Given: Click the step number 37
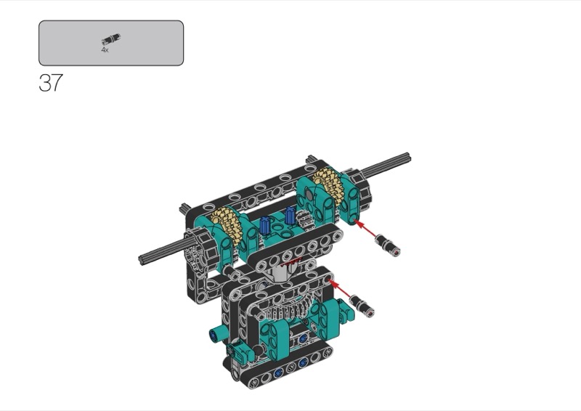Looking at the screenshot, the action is pyautogui.click(x=51, y=83).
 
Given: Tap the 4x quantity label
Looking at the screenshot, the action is pyautogui.click(x=105, y=49).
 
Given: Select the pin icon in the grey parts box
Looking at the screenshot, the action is pyautogui.click(x=111, y=38).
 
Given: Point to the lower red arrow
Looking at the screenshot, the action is pyautogui.click(x=340, y=290).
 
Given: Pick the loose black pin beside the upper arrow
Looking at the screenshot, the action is pyautogui.click(x=387, y=245).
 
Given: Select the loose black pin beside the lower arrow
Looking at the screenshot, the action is pyautogui.click(x=362, y=306).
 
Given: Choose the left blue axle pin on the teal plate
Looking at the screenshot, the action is pyautogui.click(x=264, y=225).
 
